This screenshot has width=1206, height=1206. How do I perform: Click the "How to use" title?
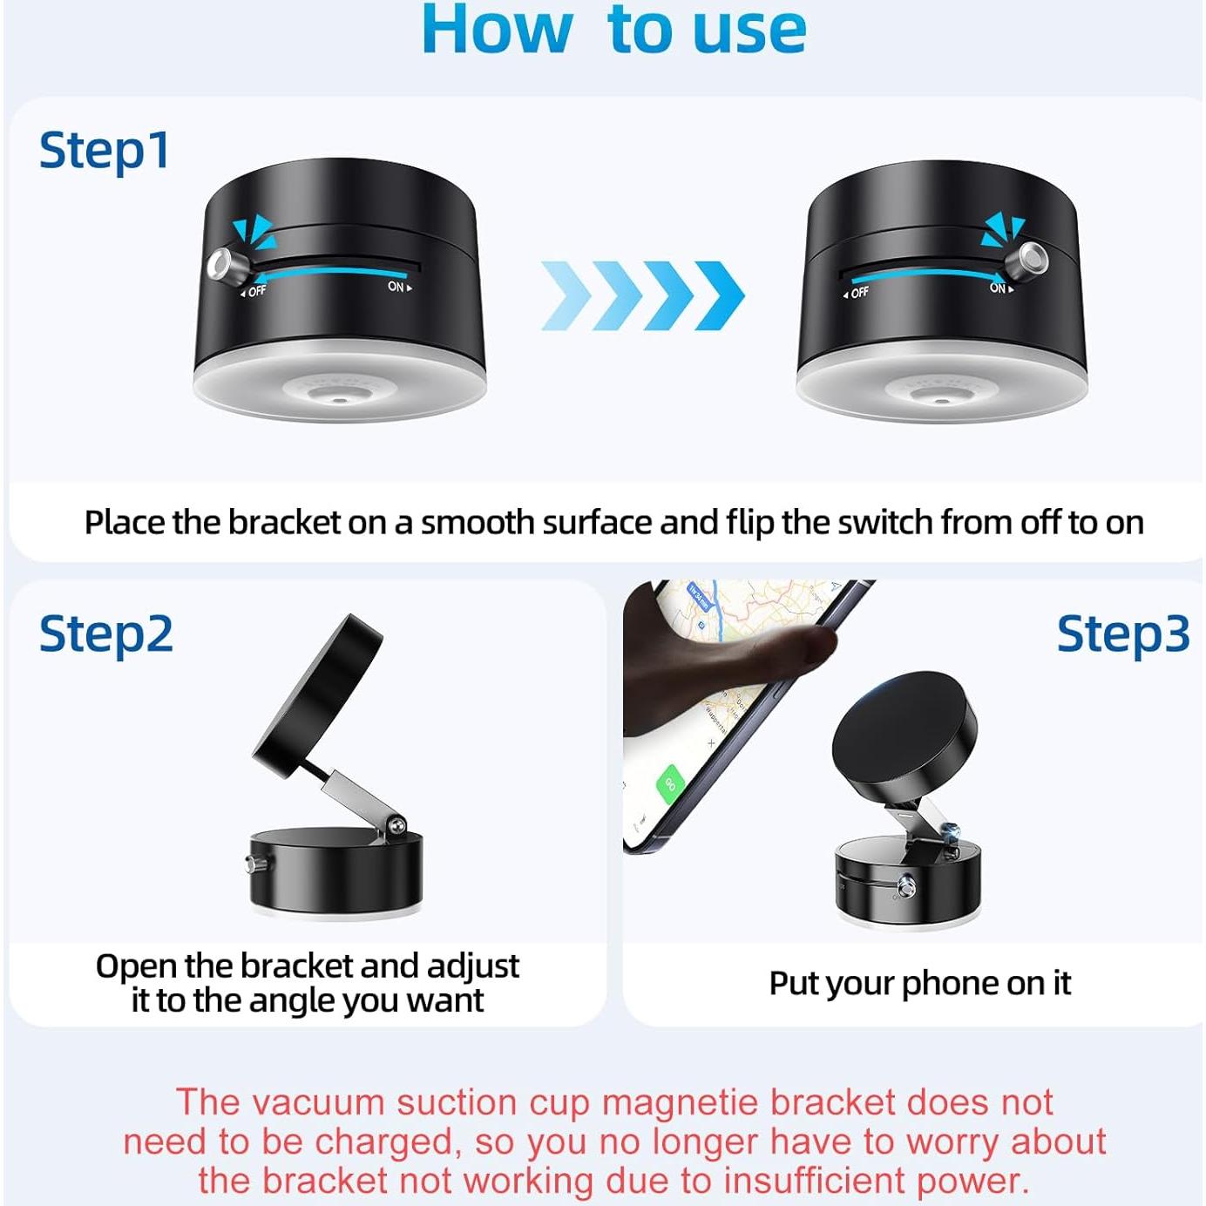613,30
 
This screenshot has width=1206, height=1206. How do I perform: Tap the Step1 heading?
105,151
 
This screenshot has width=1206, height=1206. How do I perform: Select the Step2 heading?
106,633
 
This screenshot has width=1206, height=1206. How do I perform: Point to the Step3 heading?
1122,633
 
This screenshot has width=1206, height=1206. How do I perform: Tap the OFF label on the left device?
254,291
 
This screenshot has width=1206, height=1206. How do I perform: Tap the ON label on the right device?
999,288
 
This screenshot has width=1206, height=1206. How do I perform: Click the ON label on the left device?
397,287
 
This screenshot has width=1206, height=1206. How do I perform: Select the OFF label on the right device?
857,293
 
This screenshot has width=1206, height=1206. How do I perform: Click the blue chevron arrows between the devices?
642,295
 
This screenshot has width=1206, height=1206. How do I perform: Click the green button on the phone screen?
671,782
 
